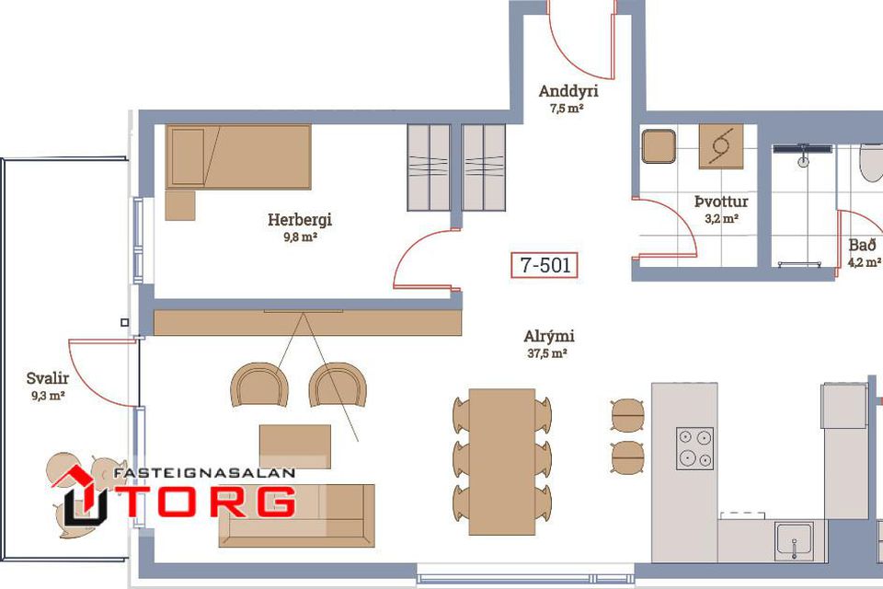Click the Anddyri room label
tap(568, 91)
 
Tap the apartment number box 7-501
tap(544, 265)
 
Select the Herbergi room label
tap(300, 219)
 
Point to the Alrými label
tap(549, 337)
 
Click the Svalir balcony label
tap(48, 378)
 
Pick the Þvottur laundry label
tap(721, 202)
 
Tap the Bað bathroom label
tap(863, 245)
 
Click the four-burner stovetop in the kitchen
tap(695, 448)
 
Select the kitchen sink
tap(794, 541)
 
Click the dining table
tap(502, 462)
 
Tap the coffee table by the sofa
tap(295, 446)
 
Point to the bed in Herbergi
tap(238, 156)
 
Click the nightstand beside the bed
tap(180, 206)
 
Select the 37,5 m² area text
tap(546, 354)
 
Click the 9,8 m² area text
tap(300, 237)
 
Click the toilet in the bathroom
tap(872, 163)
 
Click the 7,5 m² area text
tap(567, 109)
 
